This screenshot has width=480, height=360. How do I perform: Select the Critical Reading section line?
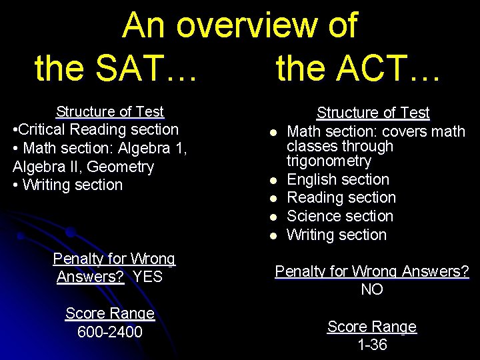point(96,129)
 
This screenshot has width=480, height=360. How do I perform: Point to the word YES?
point(147,277)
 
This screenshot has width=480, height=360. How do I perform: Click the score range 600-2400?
point(110,331)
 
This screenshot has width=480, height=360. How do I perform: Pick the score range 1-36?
point(372,345)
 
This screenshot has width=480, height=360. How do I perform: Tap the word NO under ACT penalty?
point(372,289)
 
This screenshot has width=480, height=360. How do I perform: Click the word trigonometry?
point(329,161)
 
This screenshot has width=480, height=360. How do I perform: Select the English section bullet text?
point(338,179)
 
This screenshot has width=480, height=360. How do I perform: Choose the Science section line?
point(340,216)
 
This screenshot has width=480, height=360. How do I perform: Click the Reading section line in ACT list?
point(341,198)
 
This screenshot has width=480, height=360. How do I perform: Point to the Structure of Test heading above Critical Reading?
point(110,111)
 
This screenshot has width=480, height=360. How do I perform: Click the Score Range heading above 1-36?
point(372,327)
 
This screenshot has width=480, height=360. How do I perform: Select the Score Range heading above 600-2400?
point(110,313)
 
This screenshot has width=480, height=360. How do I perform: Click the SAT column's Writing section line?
point(68,185)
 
